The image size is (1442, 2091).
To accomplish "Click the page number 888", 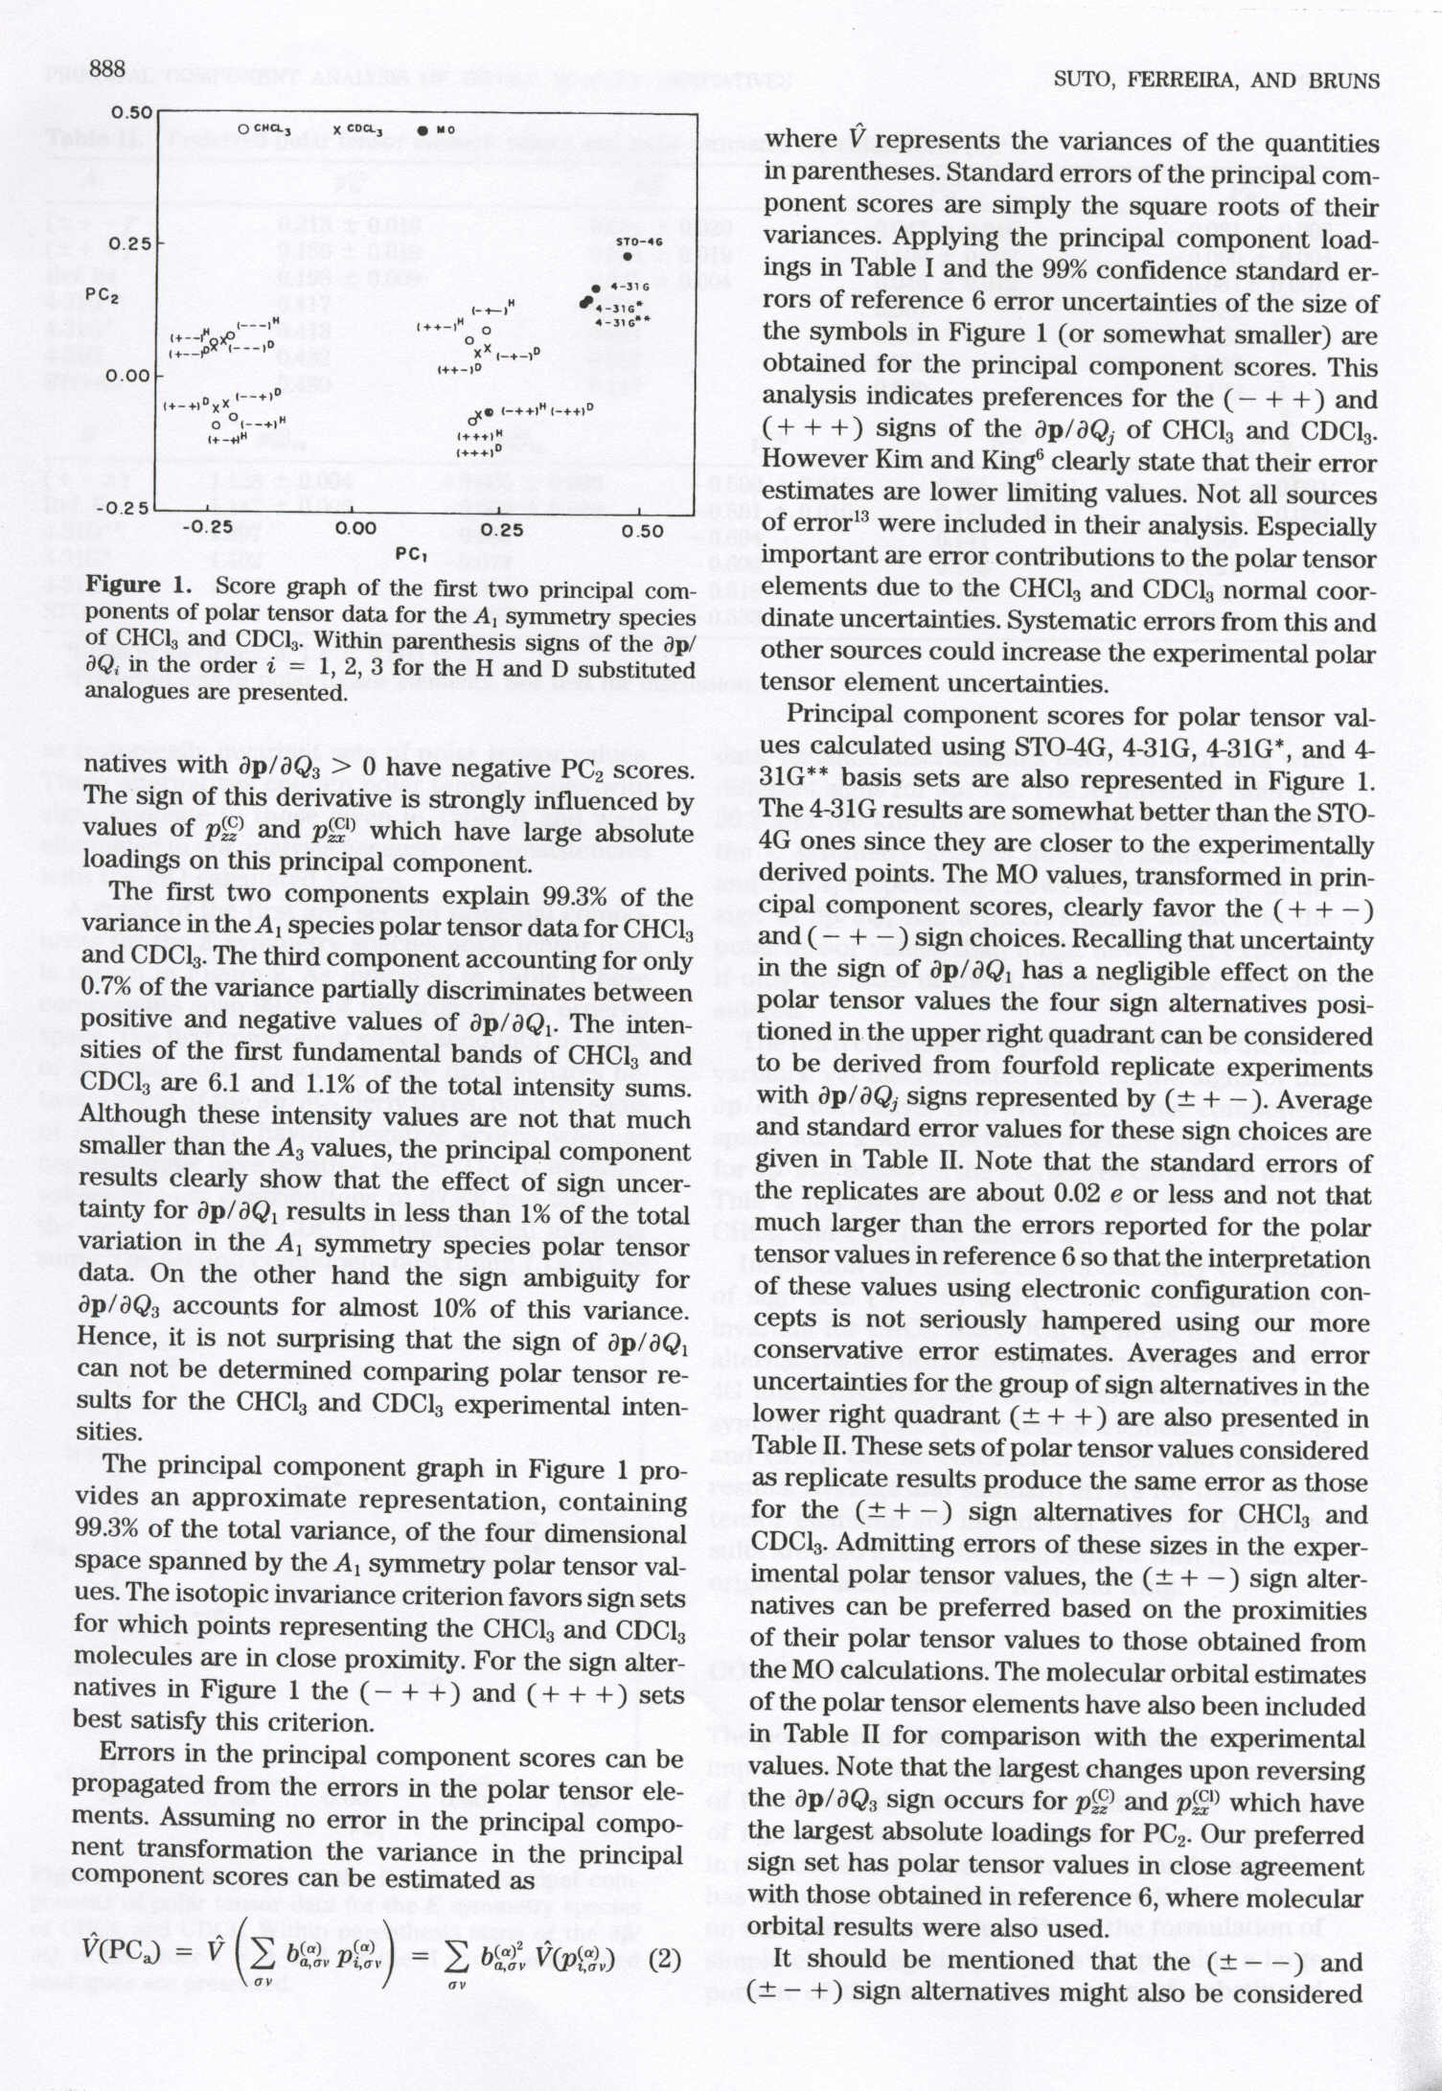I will [x=108, y=68].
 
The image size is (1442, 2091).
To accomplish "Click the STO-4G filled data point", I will [x=627, y=257].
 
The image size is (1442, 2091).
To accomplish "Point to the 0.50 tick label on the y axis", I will [x=128, y=112].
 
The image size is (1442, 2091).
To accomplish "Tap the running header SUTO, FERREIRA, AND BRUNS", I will [x=1216, y=80].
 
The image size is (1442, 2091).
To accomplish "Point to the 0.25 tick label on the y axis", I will [x=128, y=244].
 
